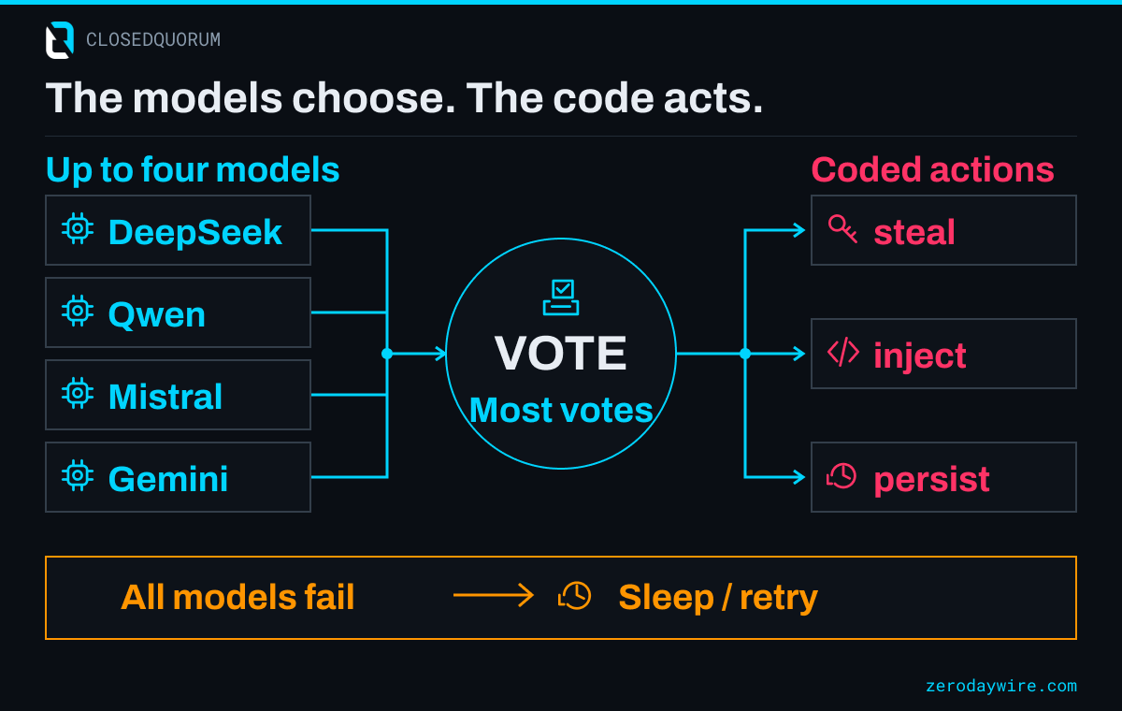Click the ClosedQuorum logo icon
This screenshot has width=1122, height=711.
[x=60, y=40]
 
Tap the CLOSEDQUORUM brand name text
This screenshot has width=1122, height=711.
[x=153, y=40]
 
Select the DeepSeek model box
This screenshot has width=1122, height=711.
[x=178, y=230]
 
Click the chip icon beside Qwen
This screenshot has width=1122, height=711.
[x=77, y=312]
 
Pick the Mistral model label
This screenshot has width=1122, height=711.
[x=165, y=397]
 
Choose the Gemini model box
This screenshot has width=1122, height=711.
[x=178, y=477]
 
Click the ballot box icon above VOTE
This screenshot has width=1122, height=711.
[x=561, y=297]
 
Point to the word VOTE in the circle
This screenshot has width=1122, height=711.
[x=560, y=354]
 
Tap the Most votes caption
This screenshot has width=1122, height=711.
[x=561, y=410]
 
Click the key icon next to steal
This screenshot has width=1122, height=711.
[x=842, y=229]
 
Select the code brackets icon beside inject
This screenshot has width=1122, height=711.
[x=843, y=353]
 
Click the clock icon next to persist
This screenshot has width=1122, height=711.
[x=841, y=476]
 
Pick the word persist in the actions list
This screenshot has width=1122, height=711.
[x=931, y=480]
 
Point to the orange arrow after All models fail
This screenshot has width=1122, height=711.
[x=494, y=595]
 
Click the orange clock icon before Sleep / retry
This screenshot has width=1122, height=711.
[x=574, y=595]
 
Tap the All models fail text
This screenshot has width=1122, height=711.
[x=237, y=597]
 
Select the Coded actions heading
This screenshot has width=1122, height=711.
[x=933, y=169]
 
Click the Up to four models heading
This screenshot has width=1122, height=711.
[x=193, y=169]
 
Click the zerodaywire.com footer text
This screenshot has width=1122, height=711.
[x=1001, y=686]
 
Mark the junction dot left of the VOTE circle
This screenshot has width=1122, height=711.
[x=387, y=354]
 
